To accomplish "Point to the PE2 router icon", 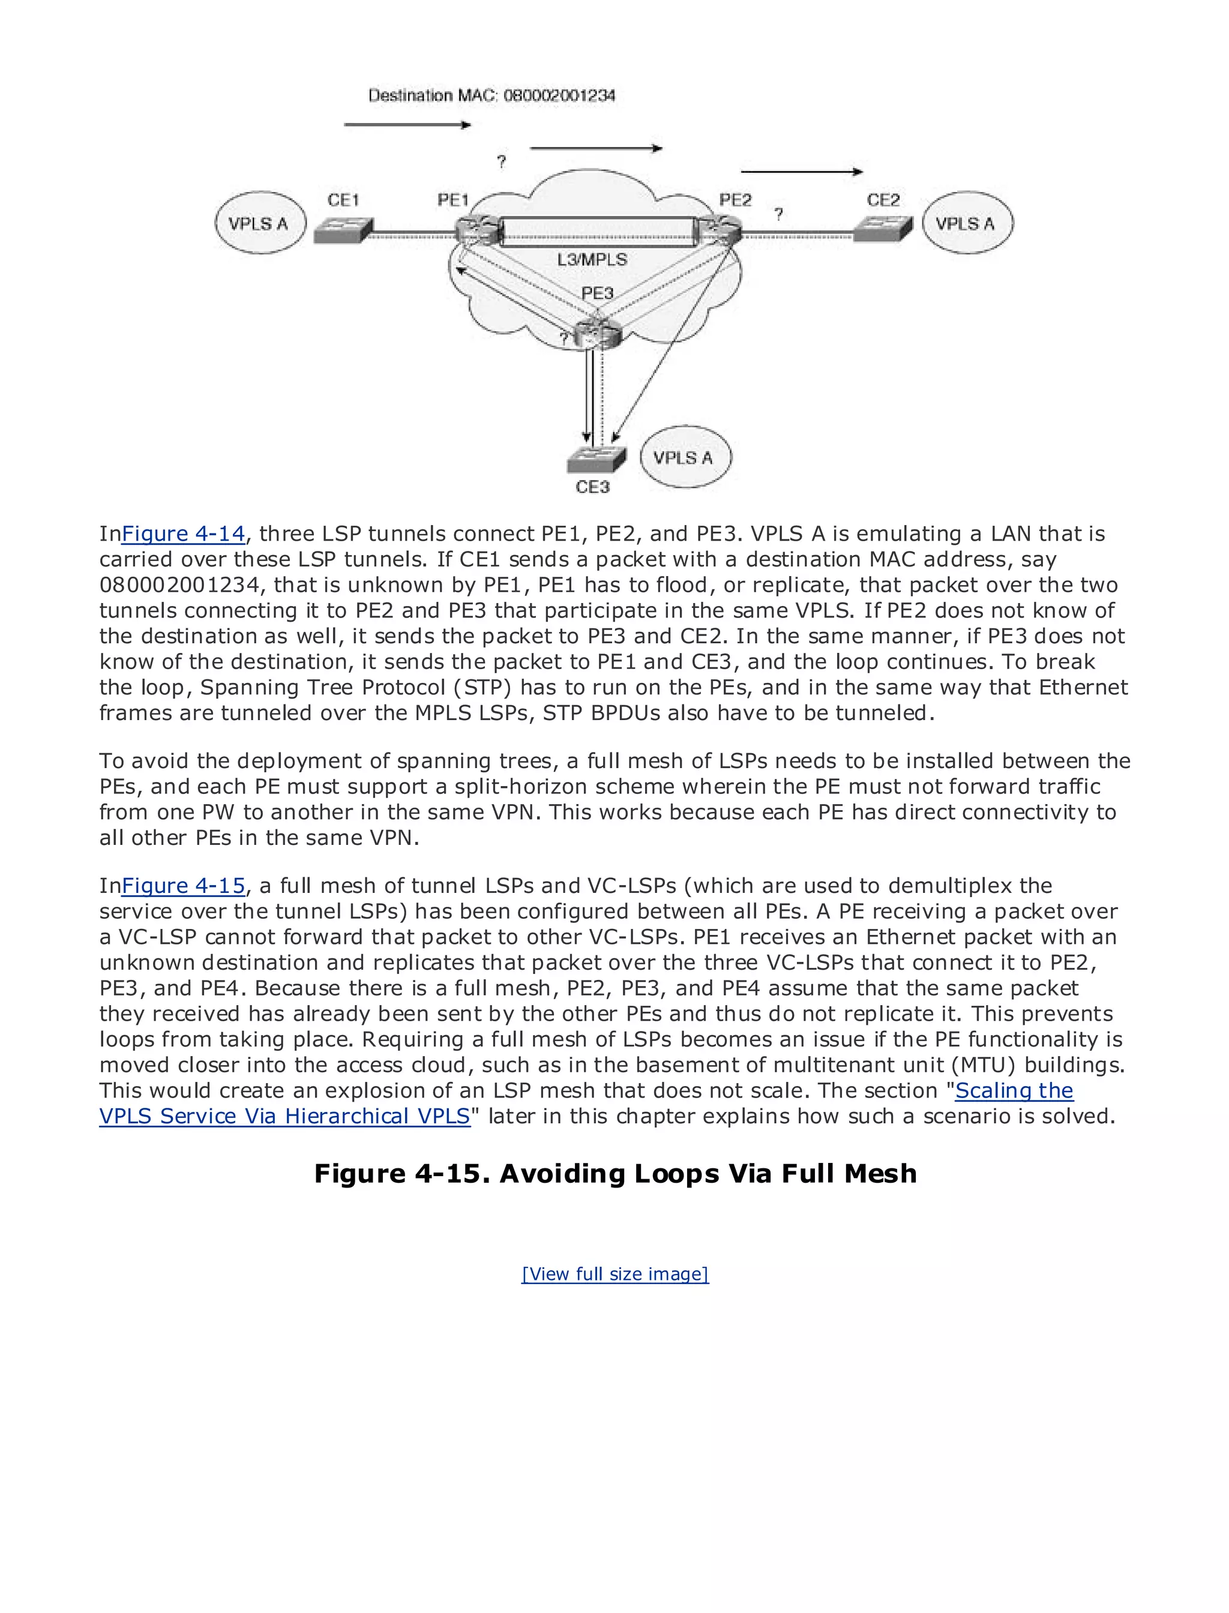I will coord(718,230).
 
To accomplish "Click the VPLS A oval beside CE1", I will coord(260,223).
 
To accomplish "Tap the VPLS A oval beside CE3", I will coord(685,457).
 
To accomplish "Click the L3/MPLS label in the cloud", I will coord(592,260).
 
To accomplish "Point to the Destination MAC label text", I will coord(491,95).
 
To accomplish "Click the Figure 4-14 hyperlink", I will coord(183,534).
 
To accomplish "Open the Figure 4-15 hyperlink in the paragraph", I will coord(183,886).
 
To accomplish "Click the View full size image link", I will coord(614,1273).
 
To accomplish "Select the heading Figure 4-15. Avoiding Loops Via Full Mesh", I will coord(614,1173).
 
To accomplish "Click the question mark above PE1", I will coord(501,161).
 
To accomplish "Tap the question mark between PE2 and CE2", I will coord(778,214).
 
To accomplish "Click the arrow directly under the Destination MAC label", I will coord(407,125).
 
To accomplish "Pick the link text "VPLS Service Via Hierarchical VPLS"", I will coord(284,1116).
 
